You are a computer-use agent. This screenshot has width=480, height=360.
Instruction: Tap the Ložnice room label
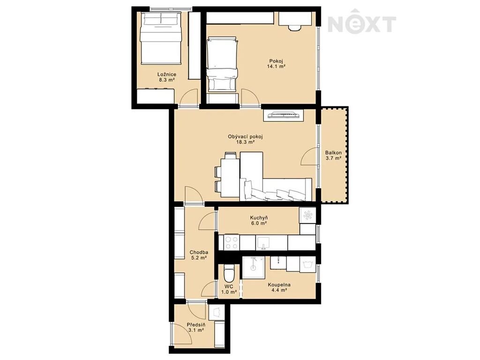pos(166,75)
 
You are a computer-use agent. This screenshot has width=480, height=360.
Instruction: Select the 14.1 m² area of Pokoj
pos(276,66)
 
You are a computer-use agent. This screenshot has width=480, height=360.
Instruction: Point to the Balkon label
pos(333,152)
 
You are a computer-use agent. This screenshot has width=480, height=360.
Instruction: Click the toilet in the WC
pos(229,273)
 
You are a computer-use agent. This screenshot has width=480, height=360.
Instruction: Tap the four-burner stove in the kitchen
pos(232,243)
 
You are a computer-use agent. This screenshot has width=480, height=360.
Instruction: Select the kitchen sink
pos(263,242)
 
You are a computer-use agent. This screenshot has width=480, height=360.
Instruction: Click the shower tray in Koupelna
pos(253,268)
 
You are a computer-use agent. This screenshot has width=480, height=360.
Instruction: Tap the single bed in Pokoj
pos(222,64)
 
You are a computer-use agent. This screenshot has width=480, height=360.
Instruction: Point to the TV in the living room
pos(283,115)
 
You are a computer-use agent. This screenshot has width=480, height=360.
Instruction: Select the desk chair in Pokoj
pos(295,28)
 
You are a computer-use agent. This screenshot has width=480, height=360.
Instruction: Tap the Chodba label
pos(199,252)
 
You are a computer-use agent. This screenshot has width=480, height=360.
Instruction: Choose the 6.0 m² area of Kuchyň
pos(259,224)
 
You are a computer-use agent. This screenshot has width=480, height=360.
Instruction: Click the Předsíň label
pos(196,324)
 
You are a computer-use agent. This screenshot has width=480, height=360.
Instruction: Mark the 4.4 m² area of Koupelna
pos(279,290)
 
